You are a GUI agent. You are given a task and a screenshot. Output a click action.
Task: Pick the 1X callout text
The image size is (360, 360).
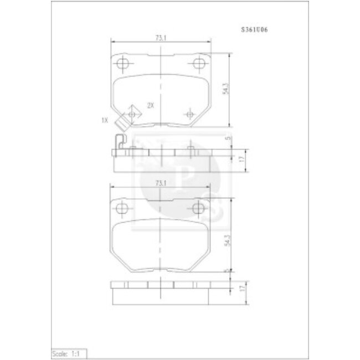pyautogui.click(x=104, y=119)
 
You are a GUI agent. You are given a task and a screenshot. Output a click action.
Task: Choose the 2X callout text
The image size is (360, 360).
pyautogui.click(x=150, y=105)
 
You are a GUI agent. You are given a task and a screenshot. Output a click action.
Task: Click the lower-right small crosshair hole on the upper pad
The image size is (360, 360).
pyautogui.click(x=191, y=115)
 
